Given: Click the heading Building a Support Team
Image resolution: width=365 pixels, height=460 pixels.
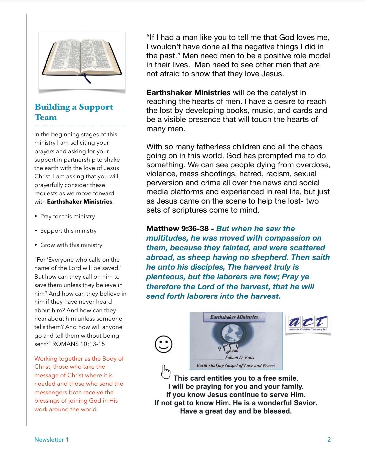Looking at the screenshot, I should click(x=74, y=112).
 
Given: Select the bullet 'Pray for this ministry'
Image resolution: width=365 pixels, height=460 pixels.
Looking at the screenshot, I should click(x=67, y=216).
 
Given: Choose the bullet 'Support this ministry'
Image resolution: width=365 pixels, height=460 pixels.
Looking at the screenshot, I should click(x=68, y=231).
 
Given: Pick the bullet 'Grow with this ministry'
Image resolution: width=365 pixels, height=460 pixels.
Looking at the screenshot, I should click(x=71, y=245).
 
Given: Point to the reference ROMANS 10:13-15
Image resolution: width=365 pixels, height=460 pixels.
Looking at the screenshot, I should click(x=79, y=344).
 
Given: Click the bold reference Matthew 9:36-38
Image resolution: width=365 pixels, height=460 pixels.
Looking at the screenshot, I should click(x=177, y=229).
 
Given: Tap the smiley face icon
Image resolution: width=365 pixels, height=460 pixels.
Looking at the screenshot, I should click(x=164, y=344).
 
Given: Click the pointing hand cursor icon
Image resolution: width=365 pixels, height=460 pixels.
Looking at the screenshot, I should click(x=165, y=372).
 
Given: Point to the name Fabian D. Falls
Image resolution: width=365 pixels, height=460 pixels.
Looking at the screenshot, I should click(x=239, y=357).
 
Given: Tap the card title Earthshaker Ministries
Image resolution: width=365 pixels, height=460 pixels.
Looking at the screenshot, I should click(x=234, y=317).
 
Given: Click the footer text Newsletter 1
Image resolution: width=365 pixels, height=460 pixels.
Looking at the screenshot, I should click(x=51, y=440).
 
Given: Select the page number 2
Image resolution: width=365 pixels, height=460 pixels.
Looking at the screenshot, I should click(x=329, y=440).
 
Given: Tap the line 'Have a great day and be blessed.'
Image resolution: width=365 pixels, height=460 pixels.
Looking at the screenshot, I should click(x=236, y=411).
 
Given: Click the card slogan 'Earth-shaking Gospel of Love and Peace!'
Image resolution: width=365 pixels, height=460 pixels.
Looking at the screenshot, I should click(x=236, y=366).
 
